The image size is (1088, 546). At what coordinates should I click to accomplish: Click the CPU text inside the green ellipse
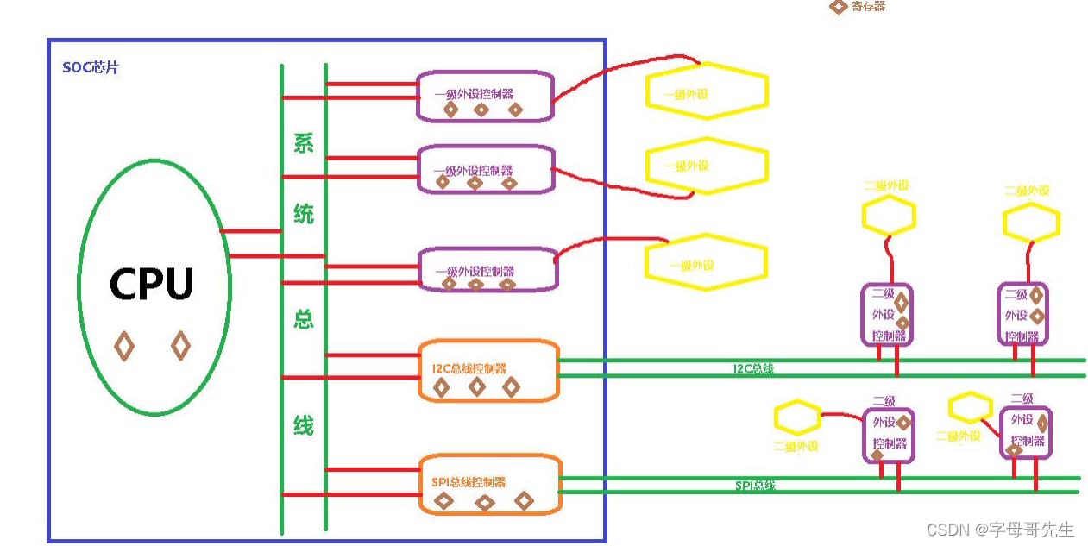coord(152,284)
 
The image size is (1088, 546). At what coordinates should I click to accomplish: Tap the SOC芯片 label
coord(90,67)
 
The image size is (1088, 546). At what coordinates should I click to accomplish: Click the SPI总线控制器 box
coord(489,483)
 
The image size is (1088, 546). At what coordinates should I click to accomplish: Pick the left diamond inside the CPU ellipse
coord(124,347)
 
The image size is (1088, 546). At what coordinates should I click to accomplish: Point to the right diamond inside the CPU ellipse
coord(180,346)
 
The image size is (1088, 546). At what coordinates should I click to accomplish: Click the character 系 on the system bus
coord(304,143)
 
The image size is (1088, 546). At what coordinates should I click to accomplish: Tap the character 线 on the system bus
coord(304,425)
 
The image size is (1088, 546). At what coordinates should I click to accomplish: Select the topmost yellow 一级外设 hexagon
coord(707,92)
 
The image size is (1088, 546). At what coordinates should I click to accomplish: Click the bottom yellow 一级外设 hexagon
coord(706,262)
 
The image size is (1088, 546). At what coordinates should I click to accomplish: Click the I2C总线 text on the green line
coord(753,369)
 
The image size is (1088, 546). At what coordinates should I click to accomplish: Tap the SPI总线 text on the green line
coord(755,486)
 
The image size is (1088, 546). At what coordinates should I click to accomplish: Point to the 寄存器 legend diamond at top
coord(837,7)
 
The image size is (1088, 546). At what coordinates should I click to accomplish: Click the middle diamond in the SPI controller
coord(485,502)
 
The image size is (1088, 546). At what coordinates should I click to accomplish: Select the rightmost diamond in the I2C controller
coord(511,387)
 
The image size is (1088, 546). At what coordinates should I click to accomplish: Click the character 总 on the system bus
coord(304,320)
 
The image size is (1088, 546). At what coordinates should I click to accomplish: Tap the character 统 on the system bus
coord(304,213)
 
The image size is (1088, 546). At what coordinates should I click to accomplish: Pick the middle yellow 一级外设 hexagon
coord(706,166)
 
